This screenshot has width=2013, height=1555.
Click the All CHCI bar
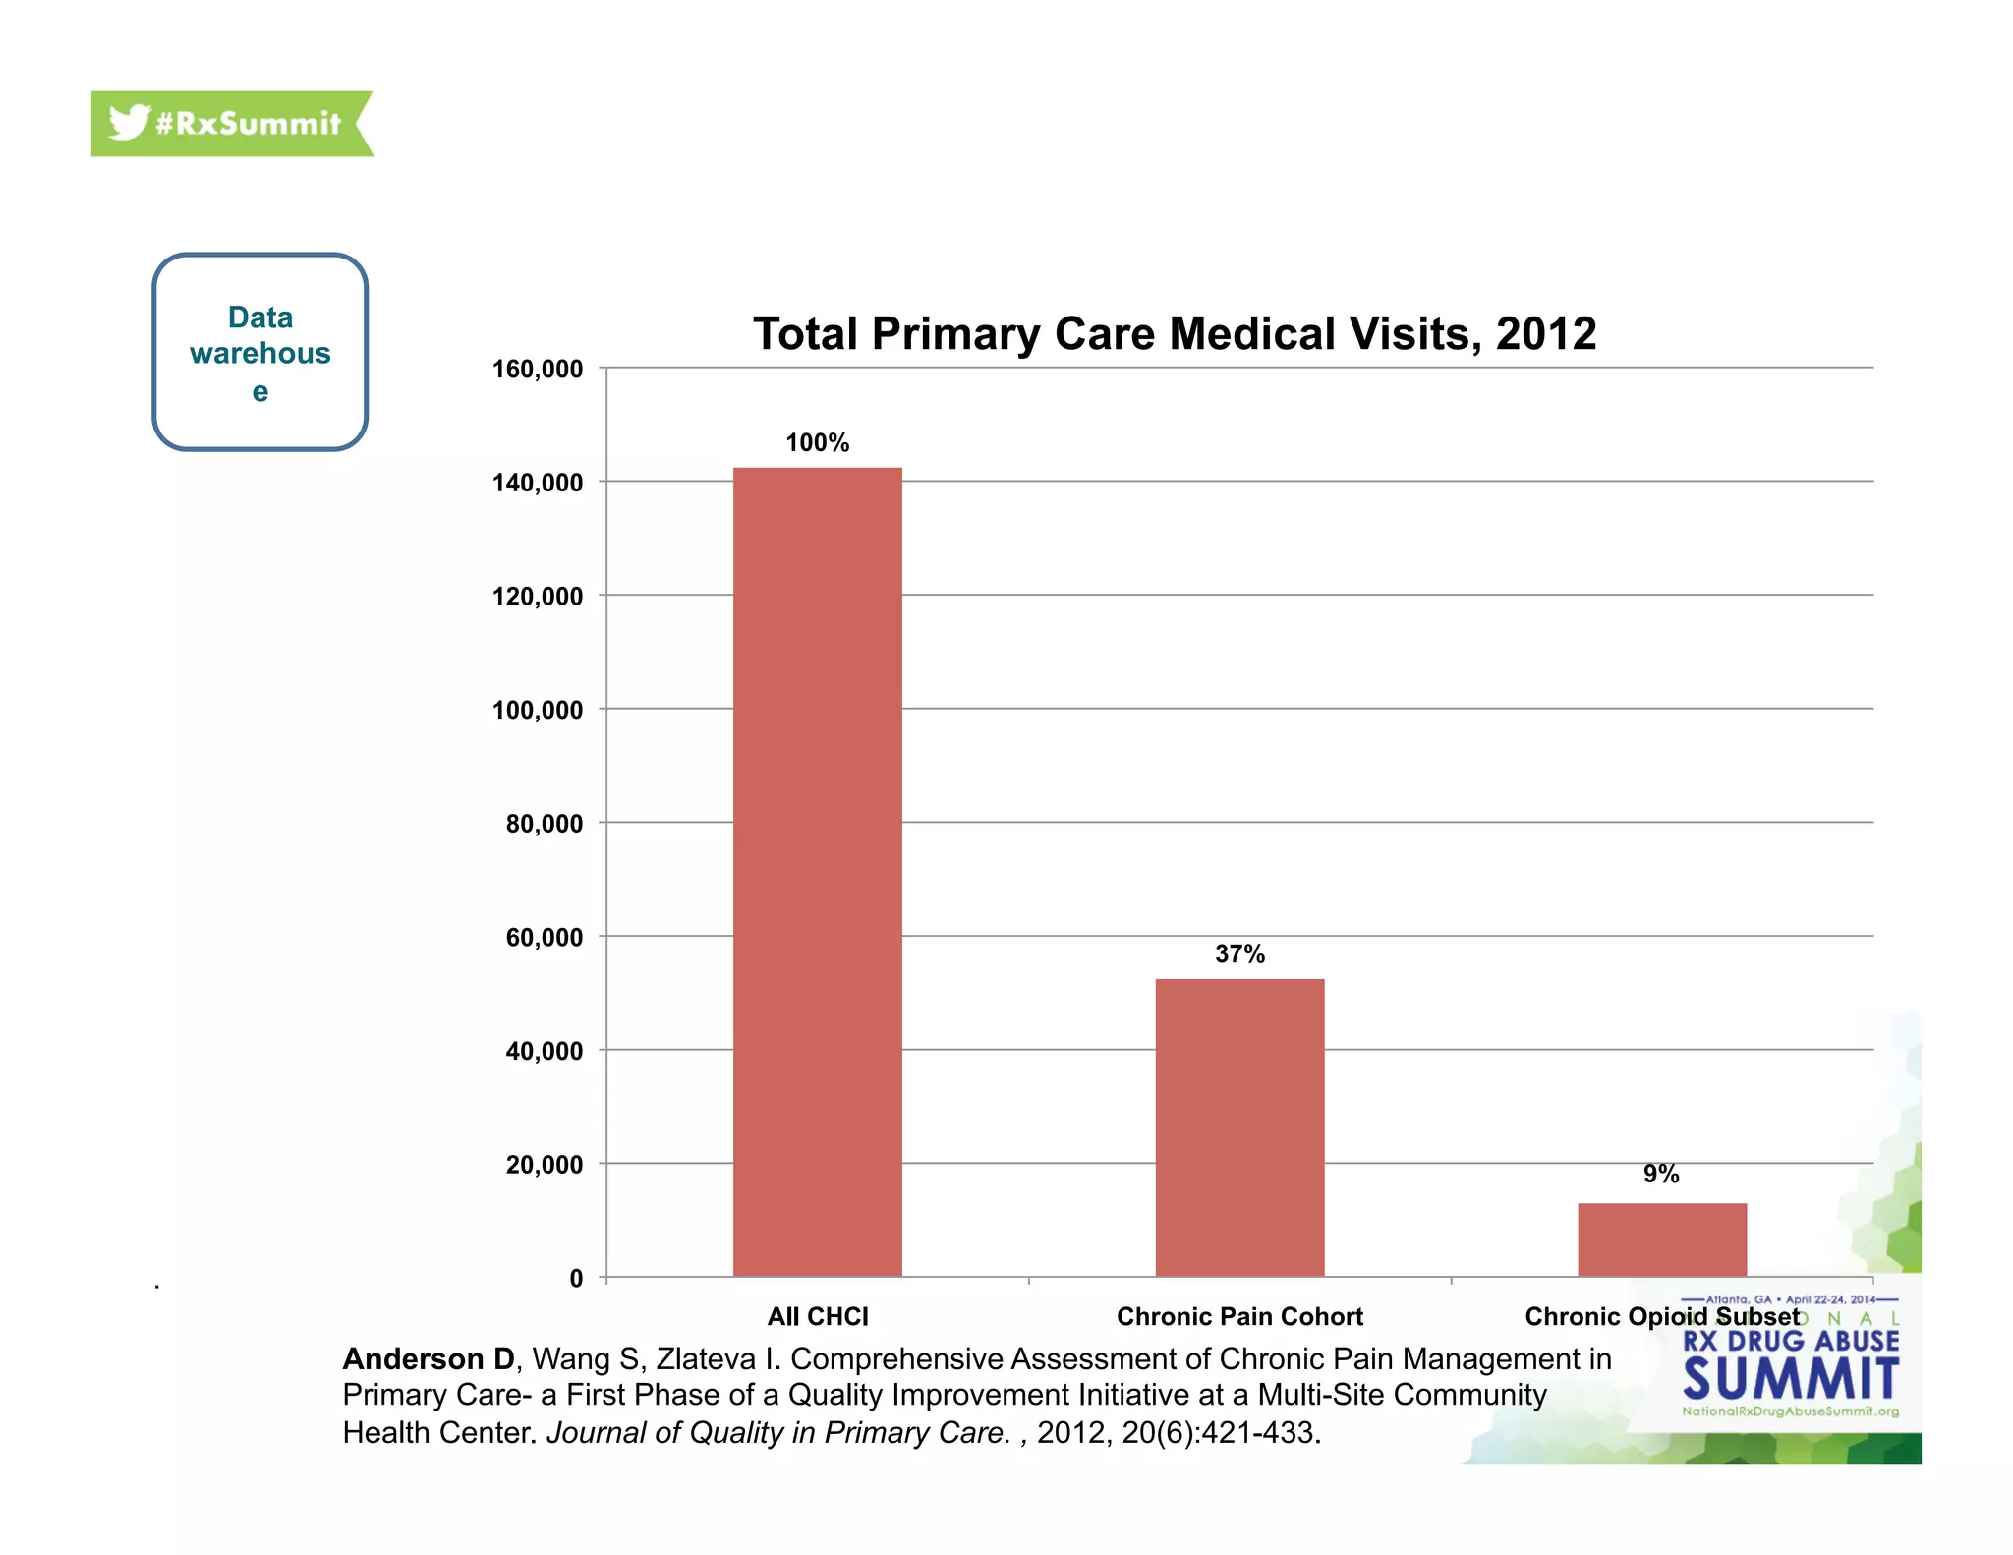817,872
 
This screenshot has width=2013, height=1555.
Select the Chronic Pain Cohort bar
1239,1127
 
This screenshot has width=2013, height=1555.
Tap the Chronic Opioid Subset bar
1662,1239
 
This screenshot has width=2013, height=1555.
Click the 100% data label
817,443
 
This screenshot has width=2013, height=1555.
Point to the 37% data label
1239,954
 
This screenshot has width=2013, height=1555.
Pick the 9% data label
1661,1174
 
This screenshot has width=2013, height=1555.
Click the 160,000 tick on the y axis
538,370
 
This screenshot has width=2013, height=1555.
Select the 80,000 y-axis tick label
545,824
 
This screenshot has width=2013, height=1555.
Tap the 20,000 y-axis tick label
545,1165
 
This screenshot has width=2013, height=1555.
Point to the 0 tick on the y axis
576,1278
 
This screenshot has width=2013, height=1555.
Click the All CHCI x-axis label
818,1316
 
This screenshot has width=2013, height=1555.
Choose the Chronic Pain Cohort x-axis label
1239,1316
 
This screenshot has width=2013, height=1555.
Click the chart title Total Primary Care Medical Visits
1174,334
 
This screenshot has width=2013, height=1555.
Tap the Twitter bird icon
129,123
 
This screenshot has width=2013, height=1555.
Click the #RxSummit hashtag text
248,124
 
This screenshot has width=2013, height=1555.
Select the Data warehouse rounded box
260,352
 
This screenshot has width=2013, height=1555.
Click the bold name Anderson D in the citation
429,1359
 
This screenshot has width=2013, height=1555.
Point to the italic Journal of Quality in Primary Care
777,1433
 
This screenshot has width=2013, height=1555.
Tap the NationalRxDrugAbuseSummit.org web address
1790,1411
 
